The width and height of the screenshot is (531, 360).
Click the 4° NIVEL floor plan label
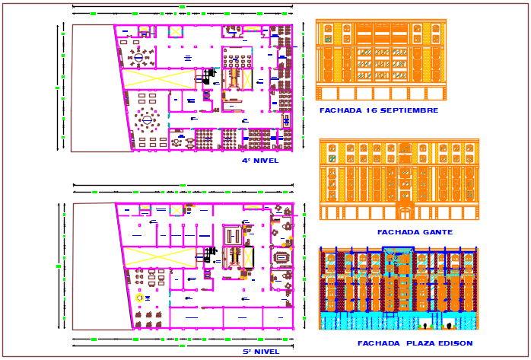[x=260, y=161]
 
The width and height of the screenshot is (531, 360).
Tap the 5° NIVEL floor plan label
[x=260, y=352]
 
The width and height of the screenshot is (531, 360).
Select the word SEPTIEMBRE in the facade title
[x=411, y=110]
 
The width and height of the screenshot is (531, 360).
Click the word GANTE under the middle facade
[x=437, y=232]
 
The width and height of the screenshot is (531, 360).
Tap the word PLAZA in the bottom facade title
[x=415, y=343]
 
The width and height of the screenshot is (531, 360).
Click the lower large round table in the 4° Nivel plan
[x=147, y=119]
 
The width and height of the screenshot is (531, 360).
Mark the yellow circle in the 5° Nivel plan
[x=139, y=298]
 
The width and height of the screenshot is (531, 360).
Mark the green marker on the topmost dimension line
[x=183, y=6]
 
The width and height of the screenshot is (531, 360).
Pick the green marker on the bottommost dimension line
[x=183, y=338]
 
